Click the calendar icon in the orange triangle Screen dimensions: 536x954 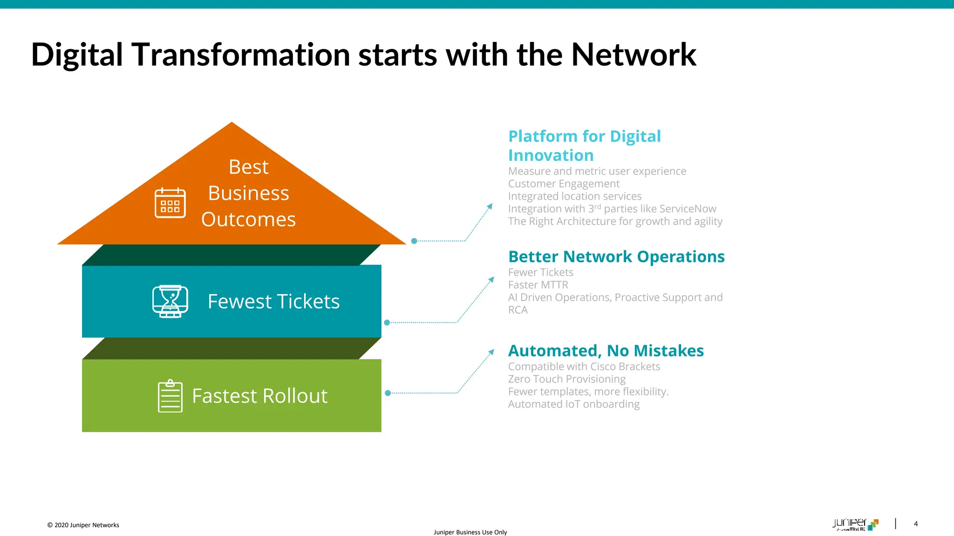tap(170, 203)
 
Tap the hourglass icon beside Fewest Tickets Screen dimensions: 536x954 tap(170, 301)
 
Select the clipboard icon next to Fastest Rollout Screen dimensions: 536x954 tap(170, 396)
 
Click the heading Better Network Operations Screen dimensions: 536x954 tap(616, 257)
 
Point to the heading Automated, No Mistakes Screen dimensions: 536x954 tap(606, 351)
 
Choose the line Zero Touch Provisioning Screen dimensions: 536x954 tap(566, 379)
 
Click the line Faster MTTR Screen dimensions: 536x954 tap(538, 285)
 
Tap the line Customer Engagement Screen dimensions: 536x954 tap(564, 184)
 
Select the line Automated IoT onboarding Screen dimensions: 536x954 tap(573, 404)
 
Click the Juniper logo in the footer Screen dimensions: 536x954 tap(855, 524)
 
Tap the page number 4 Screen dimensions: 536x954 tap(916, 524)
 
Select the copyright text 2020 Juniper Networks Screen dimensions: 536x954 tap(86, 525)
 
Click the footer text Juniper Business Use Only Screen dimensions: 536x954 tap(470, 532)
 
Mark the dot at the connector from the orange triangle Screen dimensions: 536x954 tap(414, 241)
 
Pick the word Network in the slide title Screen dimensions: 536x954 tap(633, 55)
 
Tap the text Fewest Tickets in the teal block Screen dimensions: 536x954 tap(273, 301)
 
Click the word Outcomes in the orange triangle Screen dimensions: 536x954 tap(248, 219)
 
